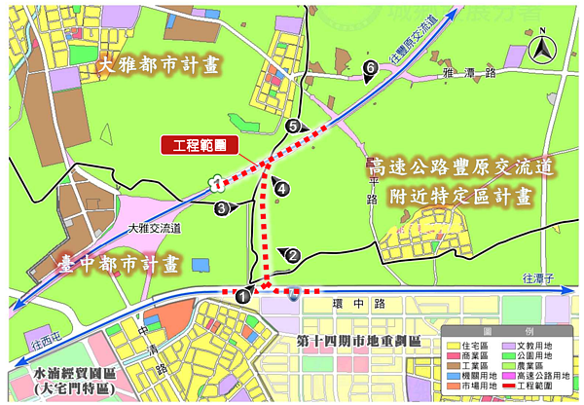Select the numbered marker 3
[222, 207]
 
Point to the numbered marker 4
[282, 188]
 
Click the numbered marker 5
[293, 126]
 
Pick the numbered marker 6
[370, 67]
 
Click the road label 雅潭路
[469, 73]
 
